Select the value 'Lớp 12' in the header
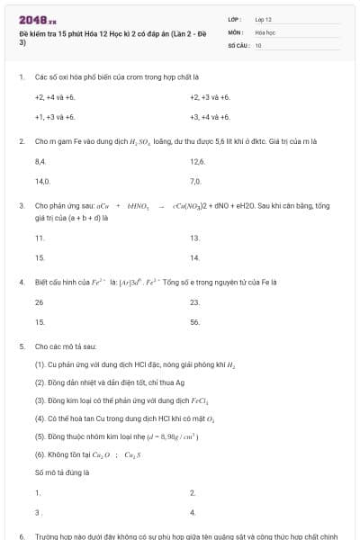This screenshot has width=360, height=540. [264, 19]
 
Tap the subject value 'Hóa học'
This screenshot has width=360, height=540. [265, 31]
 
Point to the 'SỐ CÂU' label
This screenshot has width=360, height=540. [238, 44]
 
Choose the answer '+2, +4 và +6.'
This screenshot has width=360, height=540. [55, 97]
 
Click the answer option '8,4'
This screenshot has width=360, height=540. [40, 161]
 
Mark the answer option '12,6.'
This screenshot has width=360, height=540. [198, 161]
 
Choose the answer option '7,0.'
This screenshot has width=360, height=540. [196, 181]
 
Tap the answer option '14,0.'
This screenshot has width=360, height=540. [41, 181]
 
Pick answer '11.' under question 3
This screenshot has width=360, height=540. [40, 238]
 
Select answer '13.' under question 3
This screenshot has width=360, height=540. [195, 238]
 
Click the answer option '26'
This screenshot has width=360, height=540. [40, 301]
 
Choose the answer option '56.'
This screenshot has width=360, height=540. [195, 321]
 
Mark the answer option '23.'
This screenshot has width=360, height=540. [195, 301]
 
